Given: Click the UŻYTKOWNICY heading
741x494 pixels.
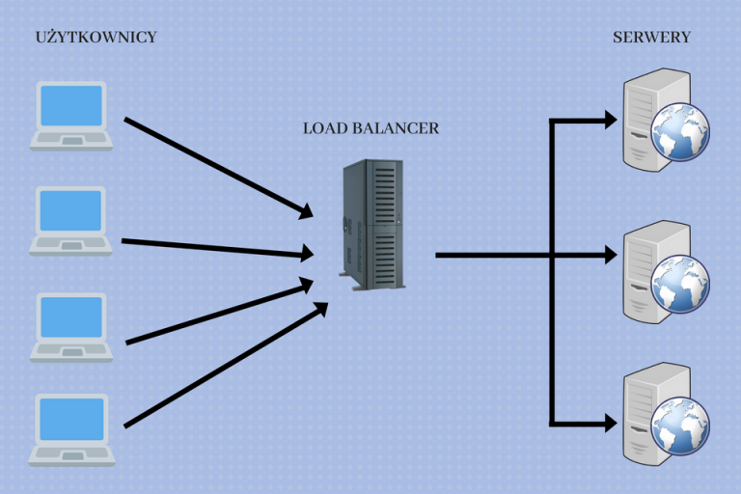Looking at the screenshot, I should (x=96, y=38).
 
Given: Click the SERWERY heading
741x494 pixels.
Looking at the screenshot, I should (x=651, y=38).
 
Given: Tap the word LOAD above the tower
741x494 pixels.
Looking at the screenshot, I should (x=322, y=128).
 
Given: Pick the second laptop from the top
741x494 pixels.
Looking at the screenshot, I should (x=71, y=221).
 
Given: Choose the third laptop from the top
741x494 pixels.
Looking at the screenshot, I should (x=71, y=327).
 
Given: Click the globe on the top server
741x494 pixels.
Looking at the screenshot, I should (x=680, y=133).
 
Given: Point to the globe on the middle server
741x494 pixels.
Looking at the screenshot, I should (x=680, y=285).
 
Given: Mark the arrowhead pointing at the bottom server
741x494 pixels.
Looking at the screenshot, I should (x=610, y=423).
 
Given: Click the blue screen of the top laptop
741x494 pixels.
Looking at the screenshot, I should (x=71, y=105).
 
